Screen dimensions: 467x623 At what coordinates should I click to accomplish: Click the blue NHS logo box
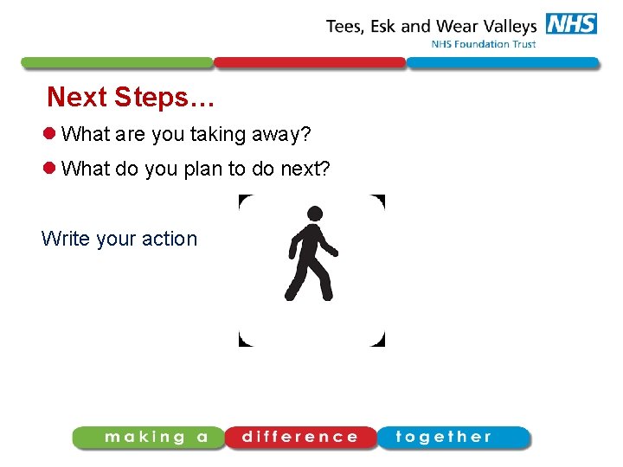[570, 23]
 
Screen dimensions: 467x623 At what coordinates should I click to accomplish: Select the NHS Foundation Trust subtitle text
[483, 44]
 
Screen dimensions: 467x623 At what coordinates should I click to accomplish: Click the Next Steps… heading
[131, 97]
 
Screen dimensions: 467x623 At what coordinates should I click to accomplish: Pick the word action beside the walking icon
[170, 239]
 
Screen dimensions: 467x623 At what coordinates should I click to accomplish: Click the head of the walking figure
[315, 213]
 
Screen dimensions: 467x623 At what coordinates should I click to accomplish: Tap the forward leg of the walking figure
[322, 281]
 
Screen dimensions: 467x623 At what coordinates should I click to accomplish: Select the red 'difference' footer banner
[300, 438]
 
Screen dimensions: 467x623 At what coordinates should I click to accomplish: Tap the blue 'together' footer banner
[452, 438]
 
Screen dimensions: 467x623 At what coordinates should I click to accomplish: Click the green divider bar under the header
[117, 63]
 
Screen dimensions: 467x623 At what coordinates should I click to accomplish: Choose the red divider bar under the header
[310, 63]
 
